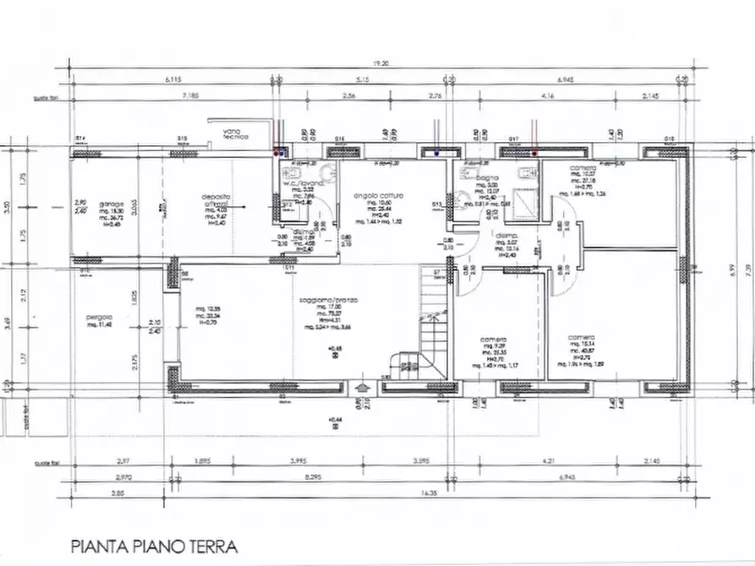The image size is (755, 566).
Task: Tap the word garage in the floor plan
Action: (112, 204)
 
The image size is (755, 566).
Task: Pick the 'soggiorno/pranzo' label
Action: (335, 300)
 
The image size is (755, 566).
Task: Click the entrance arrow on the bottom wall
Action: (362, 388)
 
